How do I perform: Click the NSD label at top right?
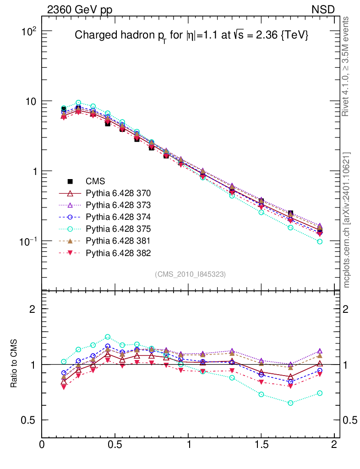(323, 9)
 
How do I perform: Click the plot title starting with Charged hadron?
(191, 36)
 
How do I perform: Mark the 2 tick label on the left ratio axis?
(33, 309)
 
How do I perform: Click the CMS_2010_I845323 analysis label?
(191, 274)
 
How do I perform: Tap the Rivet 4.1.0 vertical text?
(347, 66)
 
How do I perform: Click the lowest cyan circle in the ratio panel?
(290, 403)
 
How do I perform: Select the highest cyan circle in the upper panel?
(78, 103)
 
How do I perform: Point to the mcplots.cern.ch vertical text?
(347, 220)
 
